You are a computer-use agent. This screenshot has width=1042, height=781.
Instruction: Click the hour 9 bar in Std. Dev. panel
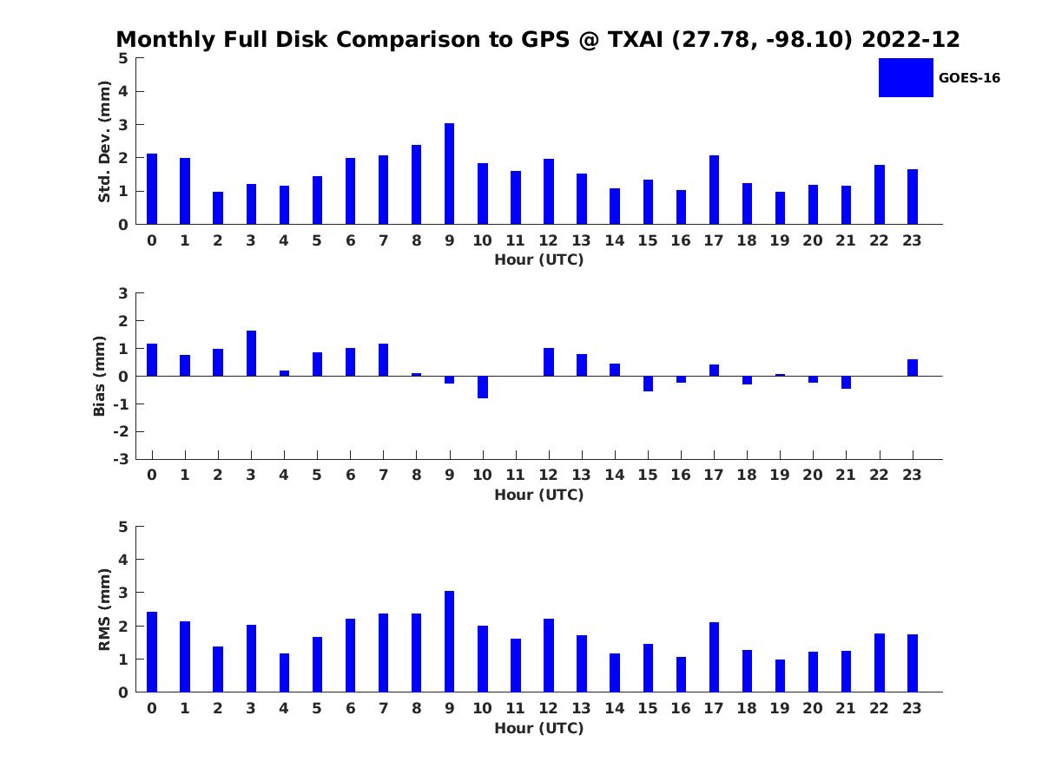point(449,174)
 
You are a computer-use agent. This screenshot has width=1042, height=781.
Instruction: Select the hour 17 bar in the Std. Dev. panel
point(714,190)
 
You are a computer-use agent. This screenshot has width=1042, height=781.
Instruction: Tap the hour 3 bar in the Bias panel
point(251,353)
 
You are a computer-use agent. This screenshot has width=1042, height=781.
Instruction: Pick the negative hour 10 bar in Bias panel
point(483,387)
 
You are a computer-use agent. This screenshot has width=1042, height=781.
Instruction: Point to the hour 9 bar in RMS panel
point(449,641)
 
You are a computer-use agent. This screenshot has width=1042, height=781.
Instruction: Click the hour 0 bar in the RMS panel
point(152,652)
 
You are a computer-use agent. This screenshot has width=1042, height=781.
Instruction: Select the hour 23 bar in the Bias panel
point(913,368)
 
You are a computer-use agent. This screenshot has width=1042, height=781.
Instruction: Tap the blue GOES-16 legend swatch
point(906,77)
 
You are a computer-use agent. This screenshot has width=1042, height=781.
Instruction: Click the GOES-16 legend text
point(969,78)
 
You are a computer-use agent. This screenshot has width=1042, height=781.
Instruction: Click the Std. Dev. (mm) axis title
point(104,141)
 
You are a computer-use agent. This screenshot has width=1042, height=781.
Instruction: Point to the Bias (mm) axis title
point(100,377)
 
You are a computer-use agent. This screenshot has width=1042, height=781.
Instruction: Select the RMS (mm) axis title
point(104,609)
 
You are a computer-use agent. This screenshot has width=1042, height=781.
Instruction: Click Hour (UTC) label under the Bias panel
point(538,495)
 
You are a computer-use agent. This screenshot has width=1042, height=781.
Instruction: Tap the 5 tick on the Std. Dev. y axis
point(123,58)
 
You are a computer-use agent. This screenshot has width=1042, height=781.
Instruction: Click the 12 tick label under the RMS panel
point(549,708)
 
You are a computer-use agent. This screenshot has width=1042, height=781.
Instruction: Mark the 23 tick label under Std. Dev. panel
point(913,240)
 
